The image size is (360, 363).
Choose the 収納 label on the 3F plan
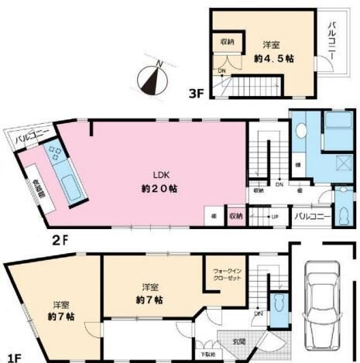click(x=226, y=42)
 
